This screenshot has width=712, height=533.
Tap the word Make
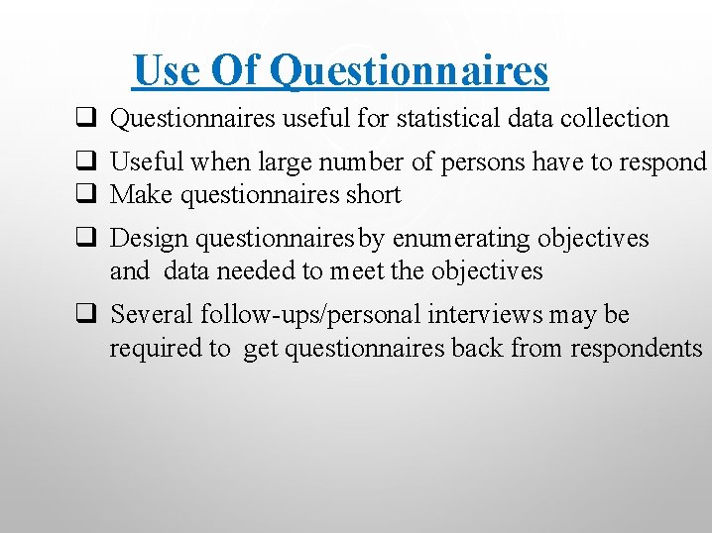point(140,194)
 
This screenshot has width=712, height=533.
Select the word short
point(374,194)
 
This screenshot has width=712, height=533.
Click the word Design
point(149,239)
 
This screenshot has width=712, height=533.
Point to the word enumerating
point(461,239)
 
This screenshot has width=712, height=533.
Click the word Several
point(152,315)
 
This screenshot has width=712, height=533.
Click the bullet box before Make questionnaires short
point(84,194)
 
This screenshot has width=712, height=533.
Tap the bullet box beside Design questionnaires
point(84,238)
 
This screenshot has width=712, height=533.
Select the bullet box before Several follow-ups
point(84,315)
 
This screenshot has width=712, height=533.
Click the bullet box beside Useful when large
point(84,161)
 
